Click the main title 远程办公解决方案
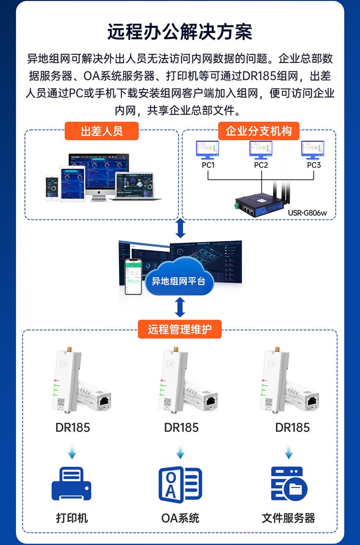tap(180, 32)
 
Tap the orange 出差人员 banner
tap(101, 131)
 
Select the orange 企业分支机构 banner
tap(259, 131)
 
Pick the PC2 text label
tap(261, 165)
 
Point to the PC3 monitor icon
tap(313, 150)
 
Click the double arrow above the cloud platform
tap(180, 229)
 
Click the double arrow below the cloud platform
tap(180, 307)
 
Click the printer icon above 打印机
tap(71, 484)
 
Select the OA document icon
tap(180, 484)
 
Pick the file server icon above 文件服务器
tap(288, 484)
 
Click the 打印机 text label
tap(72, 518)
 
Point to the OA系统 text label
tap(180, 518)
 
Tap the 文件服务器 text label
tap(288, 518)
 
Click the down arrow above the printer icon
tap(72, 451)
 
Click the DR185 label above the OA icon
tap(181, 427)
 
